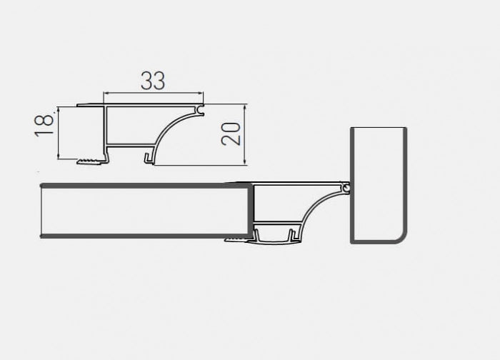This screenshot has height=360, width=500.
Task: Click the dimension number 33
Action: click(x=153, y=81)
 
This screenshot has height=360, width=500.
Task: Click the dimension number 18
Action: click(x=44, y=123)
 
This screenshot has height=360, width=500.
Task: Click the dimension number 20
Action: click(x=230, y=133)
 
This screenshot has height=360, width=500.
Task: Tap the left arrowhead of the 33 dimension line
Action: click(x=107, y=94)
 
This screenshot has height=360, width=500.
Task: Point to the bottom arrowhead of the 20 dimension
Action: click(x=245, y=163)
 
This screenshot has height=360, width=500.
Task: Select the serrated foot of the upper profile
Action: click(x=90, y=159)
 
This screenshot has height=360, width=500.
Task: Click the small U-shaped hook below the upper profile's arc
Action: click(x=149, y=155)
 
